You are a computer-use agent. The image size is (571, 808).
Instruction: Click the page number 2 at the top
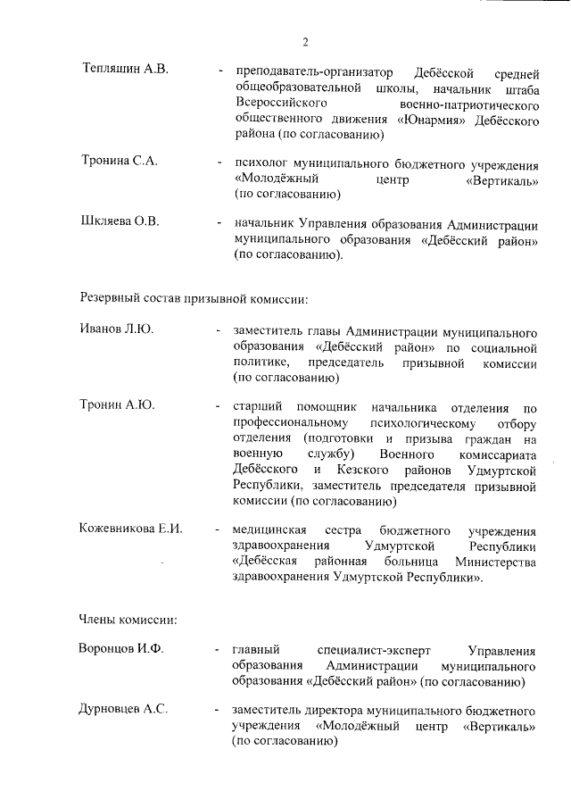304,41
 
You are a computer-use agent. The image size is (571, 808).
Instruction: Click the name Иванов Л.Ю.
117,329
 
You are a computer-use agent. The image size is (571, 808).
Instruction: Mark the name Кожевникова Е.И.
131,528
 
